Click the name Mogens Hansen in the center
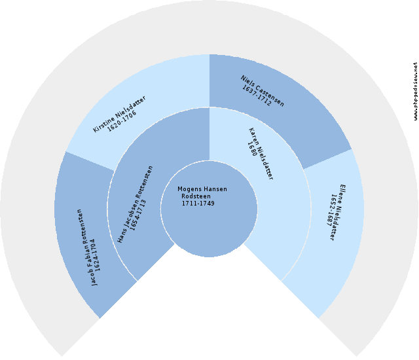[202, 189]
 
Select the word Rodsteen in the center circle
[196, 196]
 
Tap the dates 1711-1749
[198, 204]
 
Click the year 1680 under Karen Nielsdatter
[251, 148]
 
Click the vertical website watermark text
[415, 92]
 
